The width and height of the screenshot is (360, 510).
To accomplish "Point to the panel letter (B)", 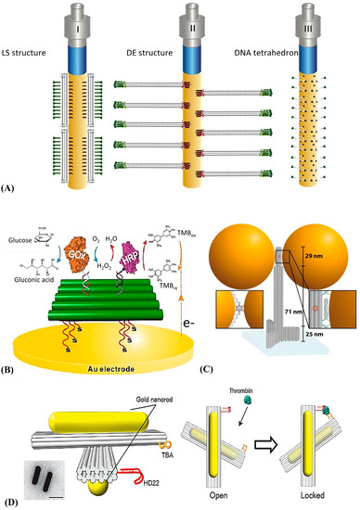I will click(13, 350).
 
